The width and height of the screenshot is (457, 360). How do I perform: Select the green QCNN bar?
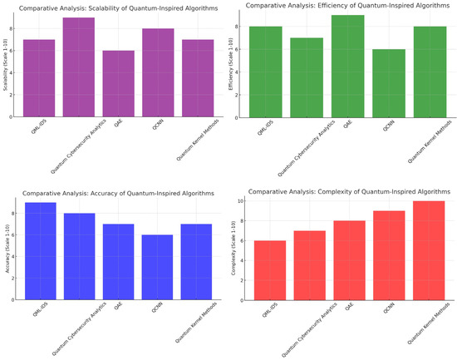pyautogui.click(x=389, y=84)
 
